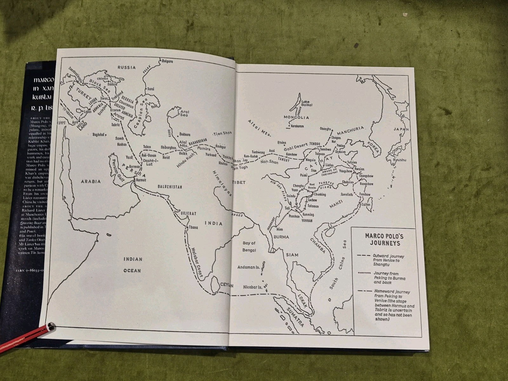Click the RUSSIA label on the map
126,67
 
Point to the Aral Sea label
184,114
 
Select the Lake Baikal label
307,103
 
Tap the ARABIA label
90,181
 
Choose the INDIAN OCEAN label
132,265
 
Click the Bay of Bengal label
249,246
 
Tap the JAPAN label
401,129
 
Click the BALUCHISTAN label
170,187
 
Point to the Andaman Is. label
249,267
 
